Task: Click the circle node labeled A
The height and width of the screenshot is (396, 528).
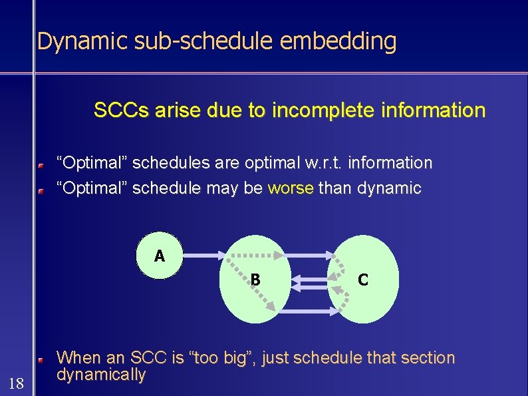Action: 159,255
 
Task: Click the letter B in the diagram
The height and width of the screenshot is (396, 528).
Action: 255,280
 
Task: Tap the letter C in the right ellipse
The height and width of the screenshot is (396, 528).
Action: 362,280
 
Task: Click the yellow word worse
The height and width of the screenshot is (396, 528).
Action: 290,188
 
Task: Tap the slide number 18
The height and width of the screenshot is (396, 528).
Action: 16,383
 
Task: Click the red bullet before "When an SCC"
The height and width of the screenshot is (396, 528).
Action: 40,359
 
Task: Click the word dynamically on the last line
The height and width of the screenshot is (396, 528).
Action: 101,375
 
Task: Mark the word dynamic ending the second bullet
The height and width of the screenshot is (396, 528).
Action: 389,188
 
